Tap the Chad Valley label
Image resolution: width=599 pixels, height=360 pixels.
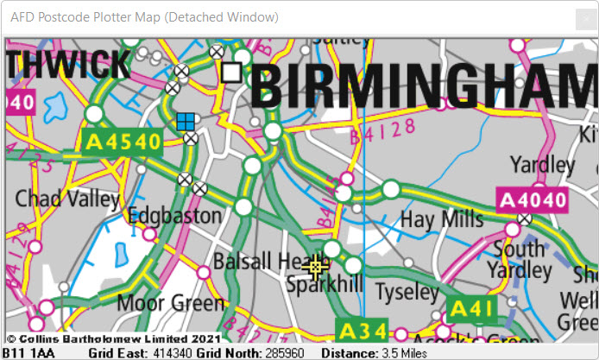(x=67, y=199)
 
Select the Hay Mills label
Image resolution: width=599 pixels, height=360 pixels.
(x=441, y=219)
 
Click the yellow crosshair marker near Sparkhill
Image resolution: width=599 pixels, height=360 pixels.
(x=316, y=268)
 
